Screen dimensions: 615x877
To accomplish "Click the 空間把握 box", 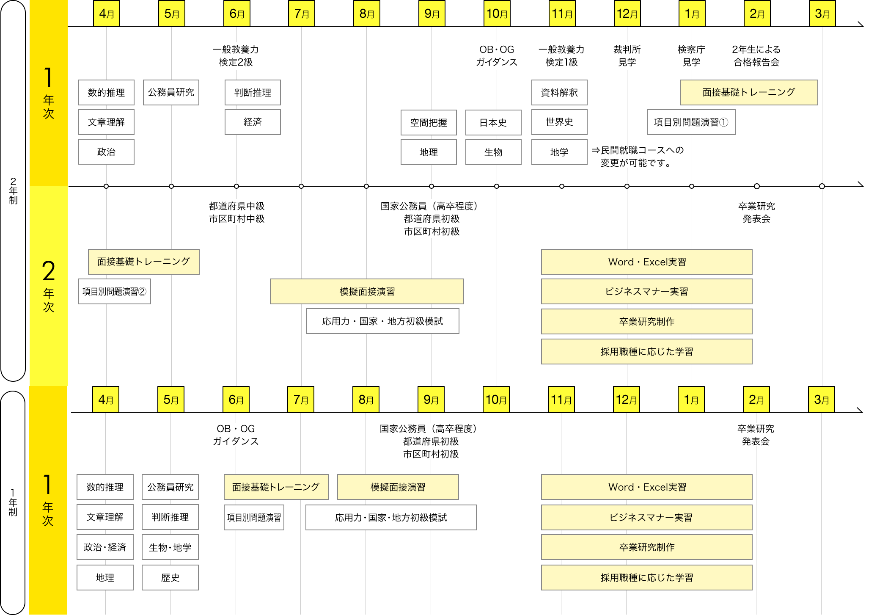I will [429, 123].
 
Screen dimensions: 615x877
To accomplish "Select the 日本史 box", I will [493, 123].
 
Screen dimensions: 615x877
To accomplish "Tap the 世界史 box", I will [559, 122].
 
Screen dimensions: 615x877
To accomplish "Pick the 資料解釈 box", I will [559, 93].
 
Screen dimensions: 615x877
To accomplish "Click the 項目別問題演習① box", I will [691, 122].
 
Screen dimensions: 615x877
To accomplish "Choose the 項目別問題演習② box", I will [115, 292].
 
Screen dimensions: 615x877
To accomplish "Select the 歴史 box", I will [170, 578].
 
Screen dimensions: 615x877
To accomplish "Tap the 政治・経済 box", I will [105, 547].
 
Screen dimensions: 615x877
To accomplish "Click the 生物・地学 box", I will [170, 547].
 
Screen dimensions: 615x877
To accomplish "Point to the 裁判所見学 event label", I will [627, 56].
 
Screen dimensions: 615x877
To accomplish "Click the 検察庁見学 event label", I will [691, 56].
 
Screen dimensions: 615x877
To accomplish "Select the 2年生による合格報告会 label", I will [756, 56].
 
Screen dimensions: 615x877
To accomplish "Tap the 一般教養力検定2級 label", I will [236, 56].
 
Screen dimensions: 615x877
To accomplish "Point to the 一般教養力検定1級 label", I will [561, 56].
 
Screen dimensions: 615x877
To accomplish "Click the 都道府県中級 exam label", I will [236, 207].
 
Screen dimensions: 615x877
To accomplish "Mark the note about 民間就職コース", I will [637, 157].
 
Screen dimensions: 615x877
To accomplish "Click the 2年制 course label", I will [13, 191].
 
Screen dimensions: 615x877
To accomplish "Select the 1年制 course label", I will [13, 502].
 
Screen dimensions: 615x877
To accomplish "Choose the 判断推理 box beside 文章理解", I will [170, 517].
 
